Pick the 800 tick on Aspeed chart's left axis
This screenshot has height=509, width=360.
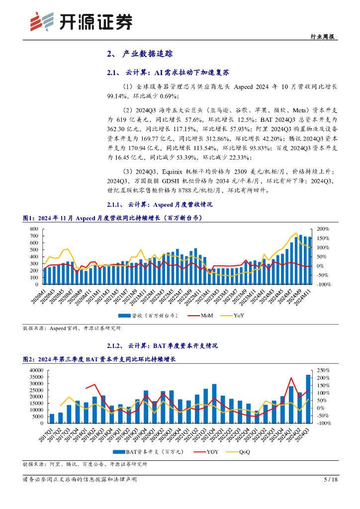(34, 229)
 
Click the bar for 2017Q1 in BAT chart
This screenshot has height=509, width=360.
(52, 418)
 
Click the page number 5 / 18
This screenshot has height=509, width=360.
(330, 479)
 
